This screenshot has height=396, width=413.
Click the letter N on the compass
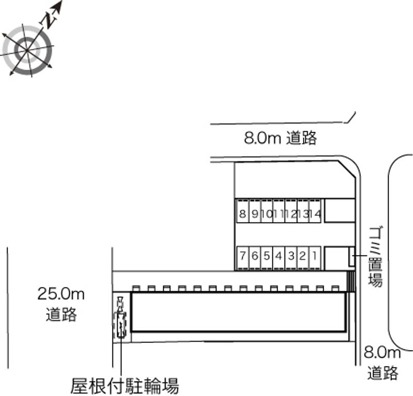coord(50,20)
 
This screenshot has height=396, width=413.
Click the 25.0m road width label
coord(61,295)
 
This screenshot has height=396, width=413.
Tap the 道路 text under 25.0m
coord(61,314)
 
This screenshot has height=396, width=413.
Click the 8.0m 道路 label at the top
coord(280,138)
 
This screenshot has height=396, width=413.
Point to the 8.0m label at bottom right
coord(383,353)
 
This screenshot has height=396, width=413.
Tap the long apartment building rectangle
coord(239,312)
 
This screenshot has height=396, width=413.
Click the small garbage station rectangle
coord(352,257)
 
